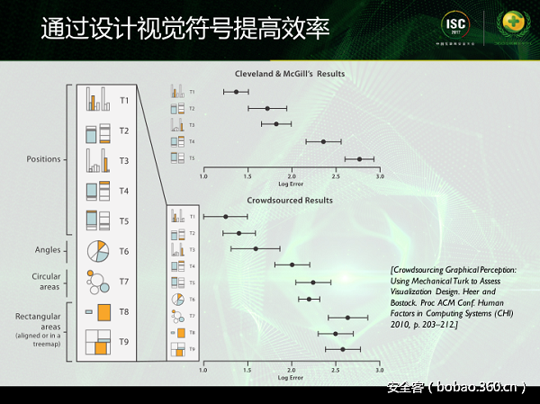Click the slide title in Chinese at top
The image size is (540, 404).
184,29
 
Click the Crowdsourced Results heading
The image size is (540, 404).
290,200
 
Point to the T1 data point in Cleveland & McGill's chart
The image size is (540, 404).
236,92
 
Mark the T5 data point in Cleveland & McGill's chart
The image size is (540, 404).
359,159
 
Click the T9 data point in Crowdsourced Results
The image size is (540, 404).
343,349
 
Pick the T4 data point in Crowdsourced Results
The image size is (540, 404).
292,265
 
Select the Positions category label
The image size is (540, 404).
43,159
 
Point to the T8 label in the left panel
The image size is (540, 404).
124,311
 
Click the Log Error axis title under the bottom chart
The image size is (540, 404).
291,378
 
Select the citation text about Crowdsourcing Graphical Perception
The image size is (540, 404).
454,295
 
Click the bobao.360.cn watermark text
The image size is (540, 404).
455,389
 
